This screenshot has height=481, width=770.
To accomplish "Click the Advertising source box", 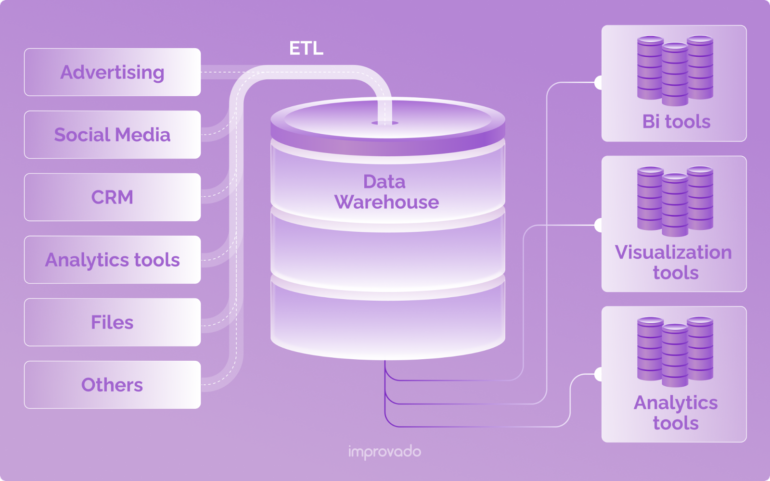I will [x=112, y=72].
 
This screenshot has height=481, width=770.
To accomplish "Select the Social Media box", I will [x=112, y=135].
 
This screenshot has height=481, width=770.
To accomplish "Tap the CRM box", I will [x=112, y=197].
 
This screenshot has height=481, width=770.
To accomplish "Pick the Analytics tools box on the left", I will [x=112, y=260].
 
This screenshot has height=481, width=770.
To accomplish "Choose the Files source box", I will [x=112, y=322].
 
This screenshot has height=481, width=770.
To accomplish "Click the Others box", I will [x=112, y=385].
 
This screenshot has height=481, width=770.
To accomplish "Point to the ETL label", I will [x=306, y=48].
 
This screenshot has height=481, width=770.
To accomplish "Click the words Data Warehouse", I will [x=386, y=192].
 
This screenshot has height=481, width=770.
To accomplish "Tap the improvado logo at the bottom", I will [x=385, y=452].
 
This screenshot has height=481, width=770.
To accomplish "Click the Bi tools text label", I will [x=676, y=122].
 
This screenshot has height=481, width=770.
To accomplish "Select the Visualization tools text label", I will [x=674, y=262].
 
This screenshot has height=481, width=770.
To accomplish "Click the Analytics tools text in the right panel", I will [x=676, y=413].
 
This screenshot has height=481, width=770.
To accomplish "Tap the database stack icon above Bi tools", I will [x=675, y=70].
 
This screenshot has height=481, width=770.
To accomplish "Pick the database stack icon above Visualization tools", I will [x=675, y=201].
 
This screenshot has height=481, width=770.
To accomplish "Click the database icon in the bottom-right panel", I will [x=675, y=352].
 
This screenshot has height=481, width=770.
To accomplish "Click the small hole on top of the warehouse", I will [x=385, y=123].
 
